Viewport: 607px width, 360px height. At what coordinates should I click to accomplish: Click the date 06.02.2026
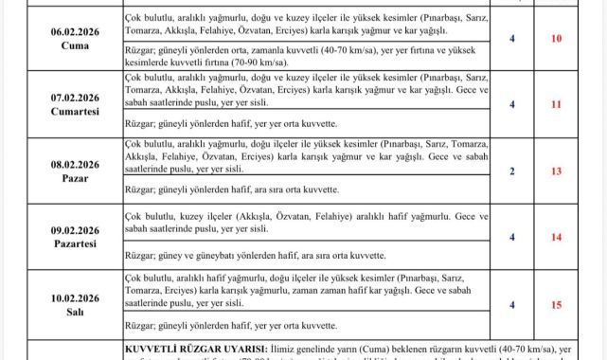click(74, 30)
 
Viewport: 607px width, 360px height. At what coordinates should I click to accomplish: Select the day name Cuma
click(74, 45)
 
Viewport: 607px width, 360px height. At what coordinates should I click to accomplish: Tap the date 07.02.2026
click(74, 97)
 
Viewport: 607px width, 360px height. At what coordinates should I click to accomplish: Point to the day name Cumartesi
click(74, 111)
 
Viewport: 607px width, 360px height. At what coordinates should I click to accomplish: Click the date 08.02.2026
click(74, 163)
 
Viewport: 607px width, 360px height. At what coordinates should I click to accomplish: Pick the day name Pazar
click(74, 177)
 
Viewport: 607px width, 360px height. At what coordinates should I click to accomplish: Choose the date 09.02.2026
click(74, 229)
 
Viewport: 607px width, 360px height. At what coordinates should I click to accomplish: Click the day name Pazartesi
click(74, 243)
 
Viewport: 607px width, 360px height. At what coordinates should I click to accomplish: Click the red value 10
click(556, 38)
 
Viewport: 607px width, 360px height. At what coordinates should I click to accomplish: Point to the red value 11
click(556, 104)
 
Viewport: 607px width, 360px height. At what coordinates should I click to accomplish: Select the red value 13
click(556, 171)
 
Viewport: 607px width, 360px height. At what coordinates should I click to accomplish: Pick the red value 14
click(556, 237)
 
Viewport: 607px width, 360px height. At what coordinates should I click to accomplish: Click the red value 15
click(556, 304)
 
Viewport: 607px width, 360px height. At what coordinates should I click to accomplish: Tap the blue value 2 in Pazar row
click(512, 171)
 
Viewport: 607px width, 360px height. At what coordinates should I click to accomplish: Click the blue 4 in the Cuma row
click(512, 38)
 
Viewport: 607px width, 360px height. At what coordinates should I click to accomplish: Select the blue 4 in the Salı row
click(512, 304)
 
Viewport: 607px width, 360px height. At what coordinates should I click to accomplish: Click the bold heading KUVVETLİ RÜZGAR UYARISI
click(197, 350)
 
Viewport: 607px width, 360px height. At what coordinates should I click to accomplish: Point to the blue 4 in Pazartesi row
click(512, 237)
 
